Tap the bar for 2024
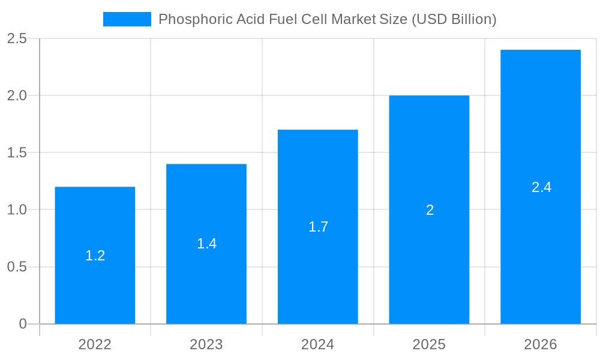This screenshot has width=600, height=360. tap(318, 270)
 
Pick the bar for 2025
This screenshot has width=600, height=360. tap(429, 252)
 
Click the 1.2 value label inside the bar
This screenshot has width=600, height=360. tap(95, 256)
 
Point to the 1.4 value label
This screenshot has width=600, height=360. tap(206, 244)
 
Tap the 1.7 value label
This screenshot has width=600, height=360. tap(318, 227)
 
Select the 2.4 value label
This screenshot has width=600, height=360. tap(541, 187)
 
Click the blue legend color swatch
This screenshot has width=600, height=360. tap(127, 19)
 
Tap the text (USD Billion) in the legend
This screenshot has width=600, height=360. tap(454, 19)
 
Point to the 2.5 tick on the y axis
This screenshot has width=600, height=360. tap(17, 38)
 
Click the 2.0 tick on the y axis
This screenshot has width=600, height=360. tap(17, 95)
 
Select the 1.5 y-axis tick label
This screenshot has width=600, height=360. tap(17, 152)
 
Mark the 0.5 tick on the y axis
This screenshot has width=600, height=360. tap(17, 267)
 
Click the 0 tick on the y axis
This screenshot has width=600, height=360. tap(23, 324)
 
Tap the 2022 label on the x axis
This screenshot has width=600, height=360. tap(95, 344)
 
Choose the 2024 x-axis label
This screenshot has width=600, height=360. tap(318, 344)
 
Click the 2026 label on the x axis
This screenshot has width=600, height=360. tap(541, 344)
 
